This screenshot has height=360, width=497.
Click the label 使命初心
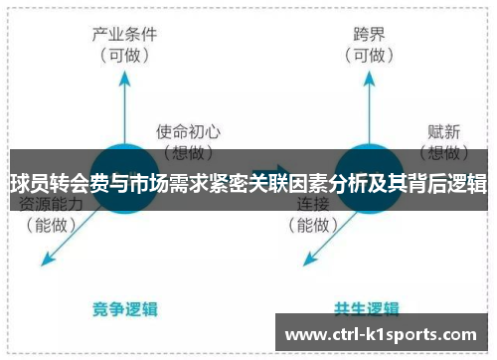188,131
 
